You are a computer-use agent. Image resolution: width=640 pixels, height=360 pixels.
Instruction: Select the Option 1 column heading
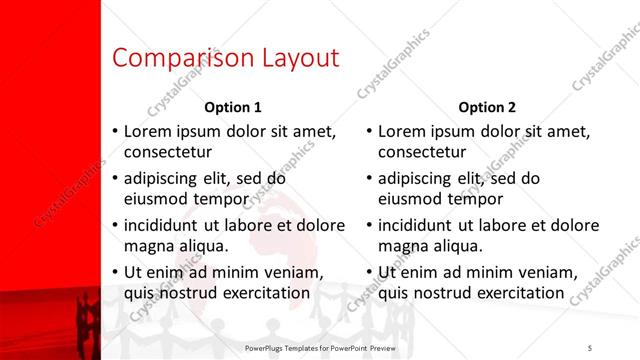click(x=232, y=107)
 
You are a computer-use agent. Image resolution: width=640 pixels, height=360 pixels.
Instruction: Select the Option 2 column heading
click(x=487, y=107)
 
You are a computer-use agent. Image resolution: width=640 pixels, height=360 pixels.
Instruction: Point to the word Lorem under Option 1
click(x=148, y=131)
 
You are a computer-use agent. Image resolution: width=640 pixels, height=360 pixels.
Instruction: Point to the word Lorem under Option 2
click(x=403, y=131)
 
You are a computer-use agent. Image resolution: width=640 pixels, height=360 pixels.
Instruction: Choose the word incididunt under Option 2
click(x=420, y=225)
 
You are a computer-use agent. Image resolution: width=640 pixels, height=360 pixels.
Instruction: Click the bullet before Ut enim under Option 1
click(x=115, y=272)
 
